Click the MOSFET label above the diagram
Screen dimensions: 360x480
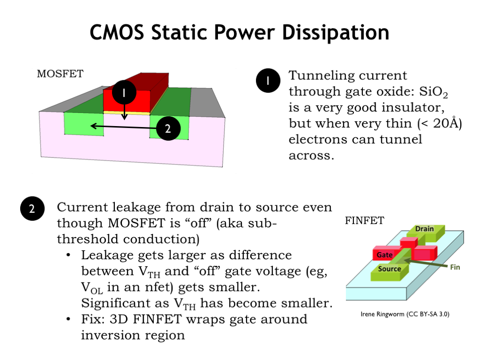pos(60,74)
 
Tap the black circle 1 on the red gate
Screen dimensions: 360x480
pos(124,93)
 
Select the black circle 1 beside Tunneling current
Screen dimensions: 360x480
pos(268,81)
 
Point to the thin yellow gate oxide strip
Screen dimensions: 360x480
pos(127,113)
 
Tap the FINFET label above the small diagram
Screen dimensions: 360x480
pos(365,220)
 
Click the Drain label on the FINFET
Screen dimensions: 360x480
pos(425,229)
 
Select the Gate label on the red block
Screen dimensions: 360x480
pos(384,255)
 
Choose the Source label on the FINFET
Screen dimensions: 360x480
pos(390,269)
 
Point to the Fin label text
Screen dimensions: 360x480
pos(455,267)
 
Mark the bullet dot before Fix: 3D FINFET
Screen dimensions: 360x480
pos(69,320)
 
